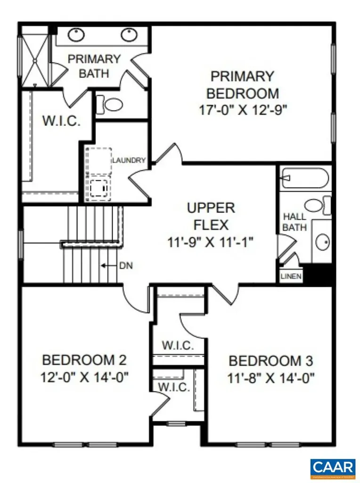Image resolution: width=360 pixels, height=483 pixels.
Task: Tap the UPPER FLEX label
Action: click(211, 215)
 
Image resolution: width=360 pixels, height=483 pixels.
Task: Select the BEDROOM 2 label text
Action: click(84, 360)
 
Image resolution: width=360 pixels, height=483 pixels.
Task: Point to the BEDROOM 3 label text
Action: click(271, 361)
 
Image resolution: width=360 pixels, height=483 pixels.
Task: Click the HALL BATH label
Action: click(295, 222)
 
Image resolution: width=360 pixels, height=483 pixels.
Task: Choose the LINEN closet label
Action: click(291, 276)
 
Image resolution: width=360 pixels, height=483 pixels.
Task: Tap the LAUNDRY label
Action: click(129, 160)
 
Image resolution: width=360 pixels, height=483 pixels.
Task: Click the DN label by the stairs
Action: click(126, 266)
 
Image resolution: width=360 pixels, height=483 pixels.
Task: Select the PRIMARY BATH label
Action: click(94, 66)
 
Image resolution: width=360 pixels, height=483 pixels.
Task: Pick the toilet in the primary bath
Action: click(110, 104)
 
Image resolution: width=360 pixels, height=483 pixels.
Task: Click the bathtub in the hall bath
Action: click(304, 178)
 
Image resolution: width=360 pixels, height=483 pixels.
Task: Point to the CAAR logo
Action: click(333, 467)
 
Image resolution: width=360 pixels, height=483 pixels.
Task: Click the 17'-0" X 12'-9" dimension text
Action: click(242, 109)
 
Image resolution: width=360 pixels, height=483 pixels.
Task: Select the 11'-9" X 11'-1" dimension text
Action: click(211, 242)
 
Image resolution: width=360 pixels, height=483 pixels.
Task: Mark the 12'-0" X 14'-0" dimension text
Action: click(85, 377)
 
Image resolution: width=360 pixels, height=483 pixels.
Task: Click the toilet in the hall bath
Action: click(316, 205)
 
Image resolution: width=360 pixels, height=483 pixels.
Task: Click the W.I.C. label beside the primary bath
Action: click(61, 120)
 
